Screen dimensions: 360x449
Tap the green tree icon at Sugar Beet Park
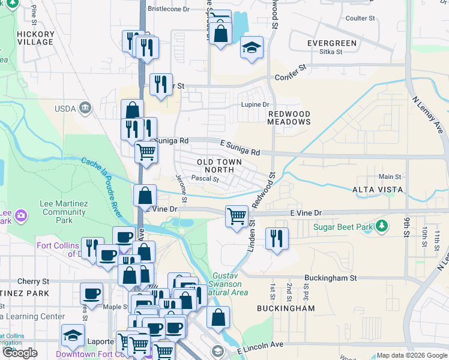381,226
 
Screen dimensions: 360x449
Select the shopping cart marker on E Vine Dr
237,216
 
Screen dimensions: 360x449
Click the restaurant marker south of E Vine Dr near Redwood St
277,238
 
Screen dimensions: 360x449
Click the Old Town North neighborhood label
220,166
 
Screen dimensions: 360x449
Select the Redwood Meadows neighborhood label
289,118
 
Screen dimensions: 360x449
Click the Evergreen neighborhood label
331,43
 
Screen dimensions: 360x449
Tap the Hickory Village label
36,38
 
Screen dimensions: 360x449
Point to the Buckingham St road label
330,278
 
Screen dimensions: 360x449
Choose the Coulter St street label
360,19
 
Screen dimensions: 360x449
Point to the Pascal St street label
205,178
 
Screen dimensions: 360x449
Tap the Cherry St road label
33,281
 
